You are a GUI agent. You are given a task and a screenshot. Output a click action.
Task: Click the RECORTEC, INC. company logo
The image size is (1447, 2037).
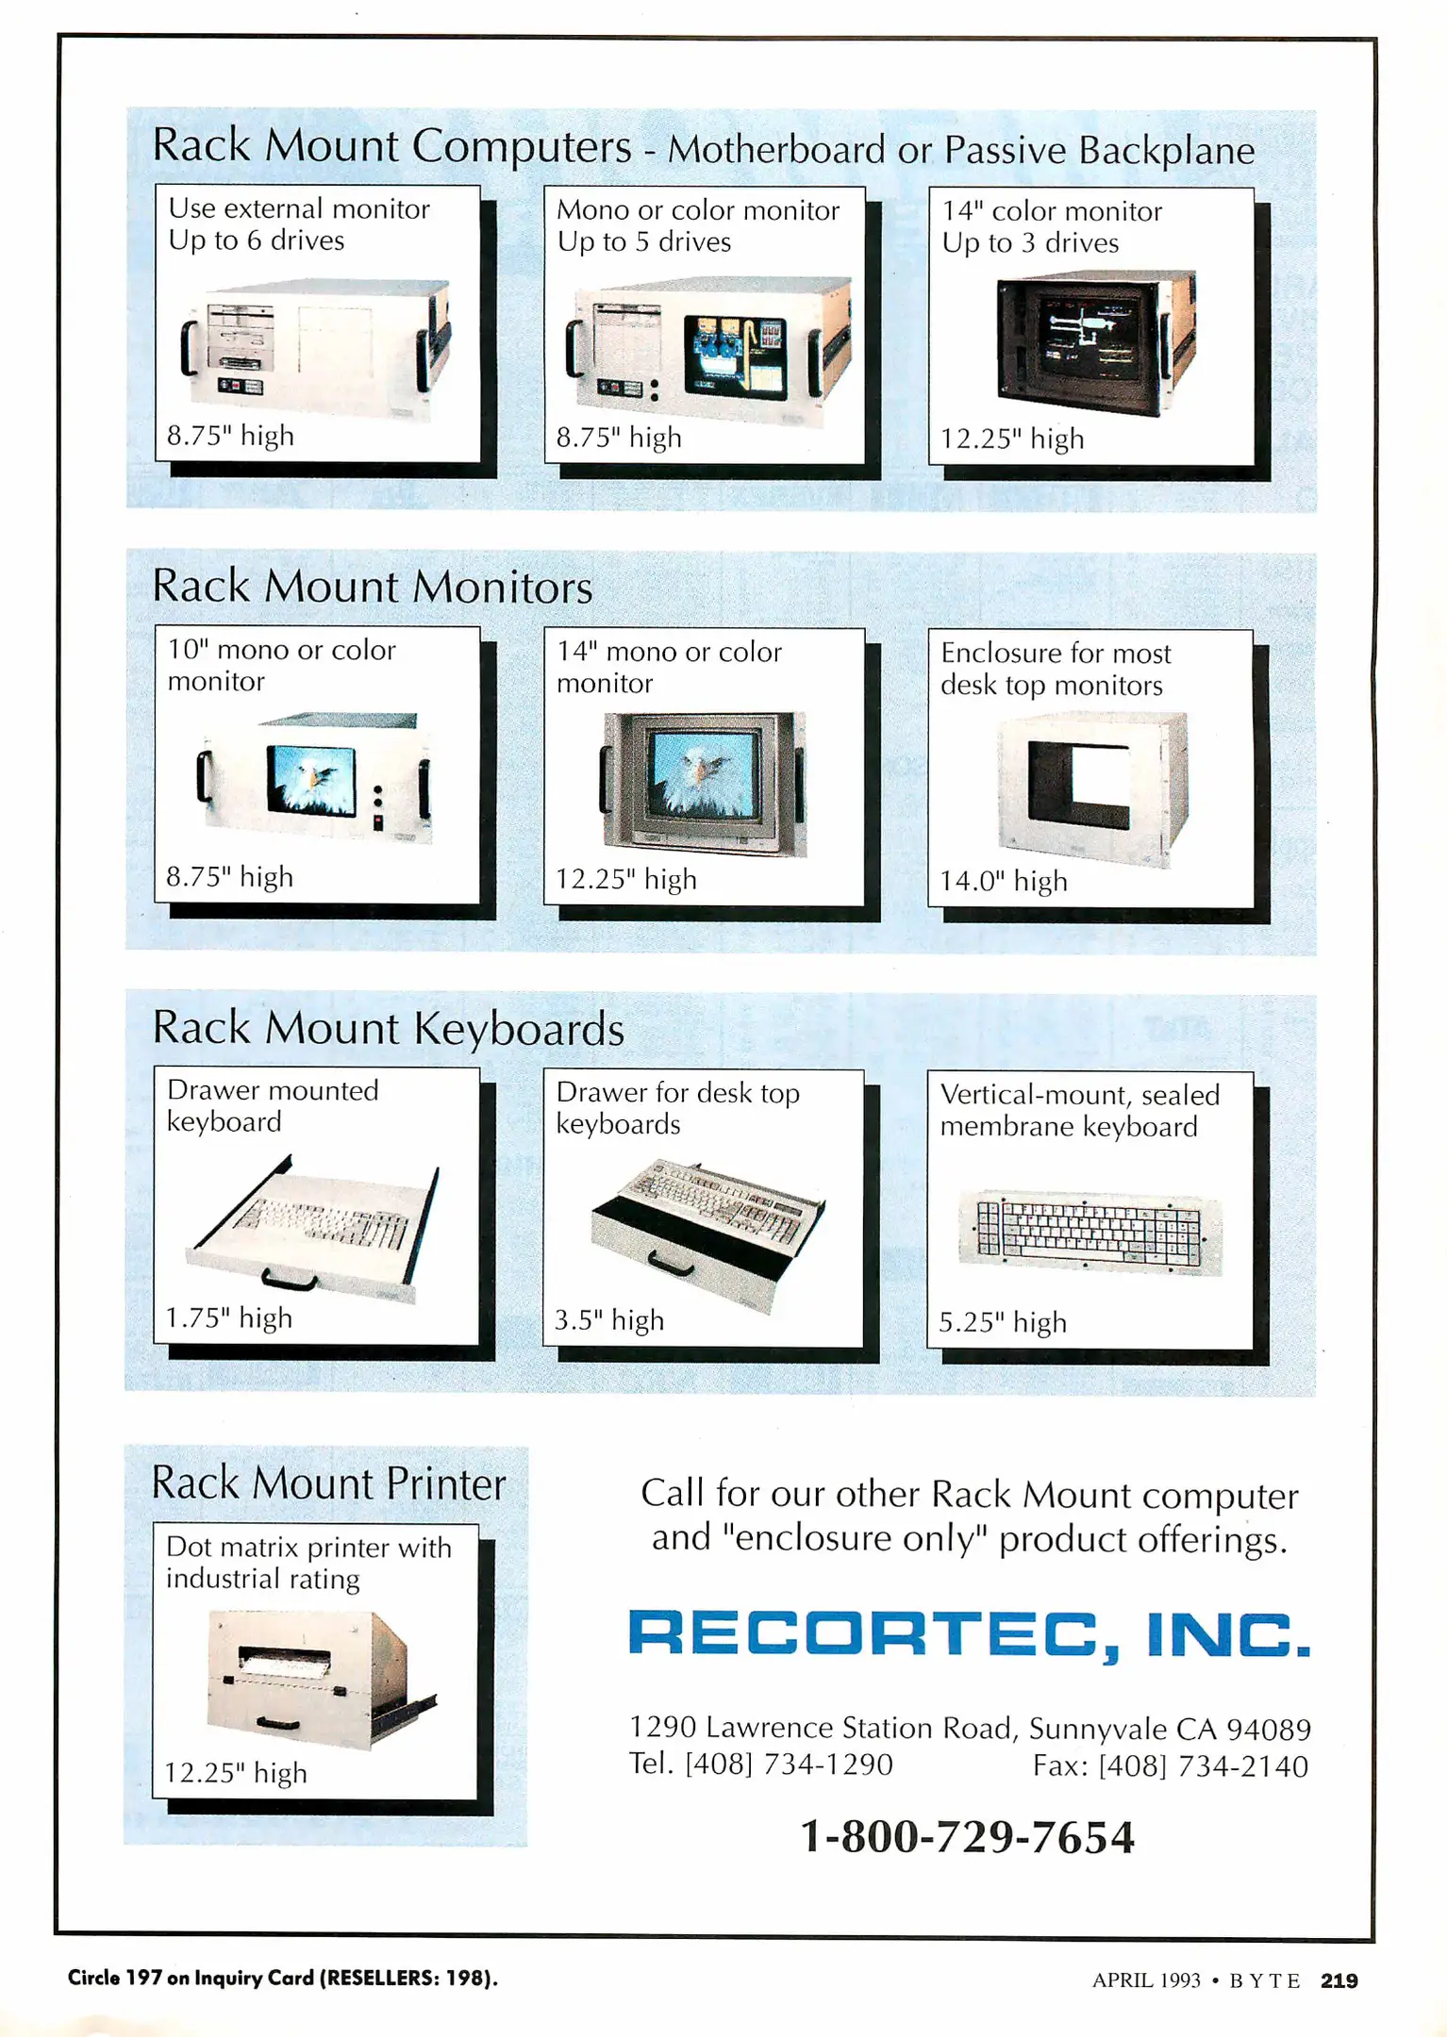point(969,1634)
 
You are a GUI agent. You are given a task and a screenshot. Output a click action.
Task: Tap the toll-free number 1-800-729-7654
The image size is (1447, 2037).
point(967,1837)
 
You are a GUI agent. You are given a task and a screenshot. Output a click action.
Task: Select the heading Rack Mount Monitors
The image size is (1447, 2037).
point(372,587)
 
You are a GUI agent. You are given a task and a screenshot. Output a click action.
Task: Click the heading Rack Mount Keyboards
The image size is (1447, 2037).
point(388,1028)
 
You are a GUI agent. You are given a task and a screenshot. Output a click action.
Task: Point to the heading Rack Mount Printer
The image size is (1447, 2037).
point(328,1484)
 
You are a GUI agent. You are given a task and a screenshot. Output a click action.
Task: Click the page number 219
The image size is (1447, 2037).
point(1339,1980)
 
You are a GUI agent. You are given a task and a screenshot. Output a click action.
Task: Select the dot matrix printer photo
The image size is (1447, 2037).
point(316,1679)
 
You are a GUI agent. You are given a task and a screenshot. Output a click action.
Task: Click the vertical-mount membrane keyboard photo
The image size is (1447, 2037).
point(1089,1233)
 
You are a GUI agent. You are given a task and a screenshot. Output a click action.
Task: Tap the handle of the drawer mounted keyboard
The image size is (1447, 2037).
point(289,1281)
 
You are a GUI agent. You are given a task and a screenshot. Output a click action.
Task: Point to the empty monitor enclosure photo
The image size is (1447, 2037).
point(1091,787)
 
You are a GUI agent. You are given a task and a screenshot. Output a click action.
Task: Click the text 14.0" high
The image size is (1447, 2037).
point(1003,881)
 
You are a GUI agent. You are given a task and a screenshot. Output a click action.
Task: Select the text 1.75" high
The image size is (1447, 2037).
point(229,1317)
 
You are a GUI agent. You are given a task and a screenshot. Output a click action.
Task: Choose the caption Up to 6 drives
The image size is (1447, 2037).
point(256,240)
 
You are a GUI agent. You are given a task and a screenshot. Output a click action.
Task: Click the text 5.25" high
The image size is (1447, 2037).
point(1002,1322)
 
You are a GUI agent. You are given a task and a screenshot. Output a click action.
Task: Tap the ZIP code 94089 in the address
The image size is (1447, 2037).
point(1268,1730)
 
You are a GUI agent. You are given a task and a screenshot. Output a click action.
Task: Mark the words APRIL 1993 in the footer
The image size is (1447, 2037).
point(1146,1980)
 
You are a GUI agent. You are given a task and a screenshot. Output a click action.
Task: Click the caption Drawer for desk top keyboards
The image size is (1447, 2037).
point(677,1108)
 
